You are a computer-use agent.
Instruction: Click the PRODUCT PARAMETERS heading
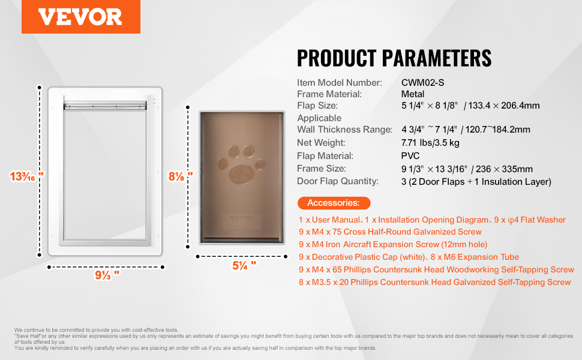[394, 58]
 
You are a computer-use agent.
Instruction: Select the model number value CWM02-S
[422, 83]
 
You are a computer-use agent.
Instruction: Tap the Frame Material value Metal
[413, 94]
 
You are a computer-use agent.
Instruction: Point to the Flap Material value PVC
[410, 156]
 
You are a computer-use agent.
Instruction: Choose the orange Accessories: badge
[334, 203]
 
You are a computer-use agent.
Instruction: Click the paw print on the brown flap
[243, 161]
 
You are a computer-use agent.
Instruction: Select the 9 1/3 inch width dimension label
[107, 275]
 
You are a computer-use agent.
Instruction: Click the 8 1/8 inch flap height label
[181, 176]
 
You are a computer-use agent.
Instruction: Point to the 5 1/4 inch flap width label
[244, 264]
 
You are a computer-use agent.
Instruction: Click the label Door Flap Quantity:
[338, 181]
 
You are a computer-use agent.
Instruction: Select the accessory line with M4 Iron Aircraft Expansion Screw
[392, 245]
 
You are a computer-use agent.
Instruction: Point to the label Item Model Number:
[339, 83]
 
